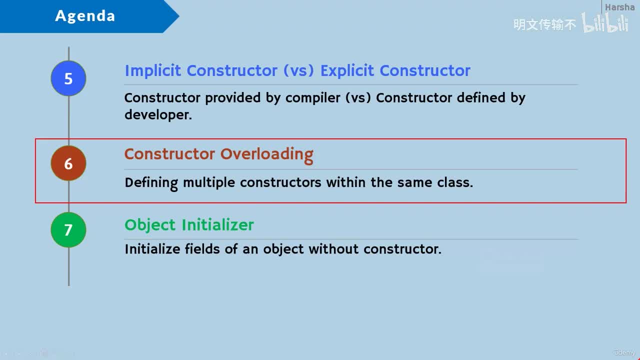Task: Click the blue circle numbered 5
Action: point(68,78)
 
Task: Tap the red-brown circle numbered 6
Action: point(68,163)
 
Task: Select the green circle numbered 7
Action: point(68,229)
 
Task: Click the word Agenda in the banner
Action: point(85,15)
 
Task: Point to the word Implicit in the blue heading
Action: point(153,70)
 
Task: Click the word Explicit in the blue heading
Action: point(347,70)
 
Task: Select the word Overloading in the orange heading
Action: point(266,155)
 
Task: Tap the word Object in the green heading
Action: point(150,225)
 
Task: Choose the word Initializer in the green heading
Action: point(217,224)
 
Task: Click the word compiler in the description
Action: point(313,98)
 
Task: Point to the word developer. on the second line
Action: point(158,115)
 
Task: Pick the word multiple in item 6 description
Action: point(209,183)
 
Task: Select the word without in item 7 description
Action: point(333,248)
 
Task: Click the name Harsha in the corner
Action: point(619,7)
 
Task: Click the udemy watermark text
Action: point(624,352)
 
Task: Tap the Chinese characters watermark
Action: point(544,24)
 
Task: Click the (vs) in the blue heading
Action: point(298,70)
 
